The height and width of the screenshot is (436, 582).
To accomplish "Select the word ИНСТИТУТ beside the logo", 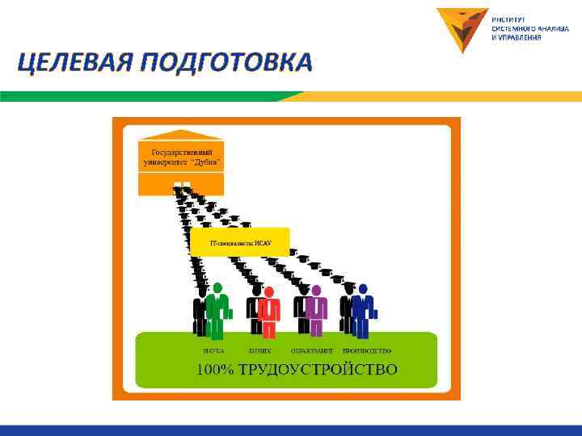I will pos(509,19).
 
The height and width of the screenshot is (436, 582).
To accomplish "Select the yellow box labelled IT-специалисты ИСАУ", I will pos(239,241).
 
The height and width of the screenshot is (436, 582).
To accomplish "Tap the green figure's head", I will pos(217,287).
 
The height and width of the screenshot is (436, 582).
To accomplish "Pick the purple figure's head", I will pos(316,290).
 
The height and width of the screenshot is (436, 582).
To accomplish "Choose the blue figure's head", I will pos(363,289).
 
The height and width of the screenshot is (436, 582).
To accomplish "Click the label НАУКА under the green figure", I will pos(213,351).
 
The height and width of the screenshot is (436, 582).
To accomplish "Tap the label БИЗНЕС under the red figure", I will pos(260,351).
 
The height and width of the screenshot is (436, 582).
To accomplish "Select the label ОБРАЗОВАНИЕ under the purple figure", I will pos(312,351).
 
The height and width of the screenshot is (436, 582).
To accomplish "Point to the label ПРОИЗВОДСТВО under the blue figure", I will pos(367,351).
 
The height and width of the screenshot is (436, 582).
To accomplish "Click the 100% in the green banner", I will pos(216,370).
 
